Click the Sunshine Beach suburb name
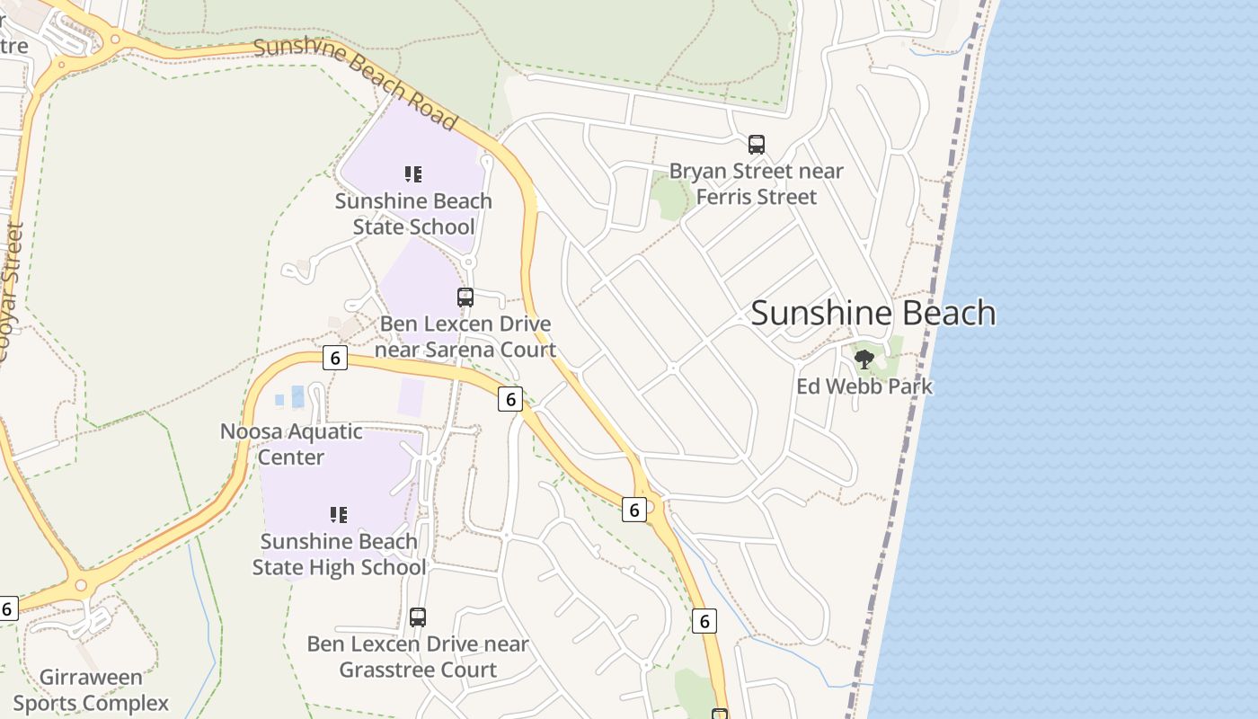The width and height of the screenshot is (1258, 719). tap(873, 313)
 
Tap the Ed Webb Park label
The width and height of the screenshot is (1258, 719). tap(864, 386)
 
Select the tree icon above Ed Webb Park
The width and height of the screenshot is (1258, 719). tap(864, 359)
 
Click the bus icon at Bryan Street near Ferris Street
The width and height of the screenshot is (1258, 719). tap(757, 144)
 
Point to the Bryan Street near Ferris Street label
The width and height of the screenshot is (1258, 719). tap(757, 183)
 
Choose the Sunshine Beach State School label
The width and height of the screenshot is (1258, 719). tap(413, 213)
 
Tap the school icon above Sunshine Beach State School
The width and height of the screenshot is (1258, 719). tap(413, 173)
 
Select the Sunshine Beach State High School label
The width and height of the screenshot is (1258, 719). tap(339, 555)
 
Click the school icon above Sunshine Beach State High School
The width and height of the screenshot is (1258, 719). tap(339, 515)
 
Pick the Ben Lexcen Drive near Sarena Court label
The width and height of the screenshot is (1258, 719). tap(465, 336)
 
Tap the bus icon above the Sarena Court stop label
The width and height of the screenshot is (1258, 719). tap(465, 297)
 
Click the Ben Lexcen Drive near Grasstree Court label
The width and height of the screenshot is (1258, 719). tap(418, 657)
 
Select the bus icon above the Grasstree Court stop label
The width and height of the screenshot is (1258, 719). tap(418, 617)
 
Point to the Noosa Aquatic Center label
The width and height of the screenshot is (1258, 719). tap(291, 444)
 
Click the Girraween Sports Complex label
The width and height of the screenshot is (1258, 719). tap(91, 689)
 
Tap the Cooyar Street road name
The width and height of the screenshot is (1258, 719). tap(10, 292)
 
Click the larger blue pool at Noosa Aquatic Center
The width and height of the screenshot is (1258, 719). tap(297, 396)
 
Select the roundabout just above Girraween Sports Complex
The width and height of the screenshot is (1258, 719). tap(82, 586)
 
